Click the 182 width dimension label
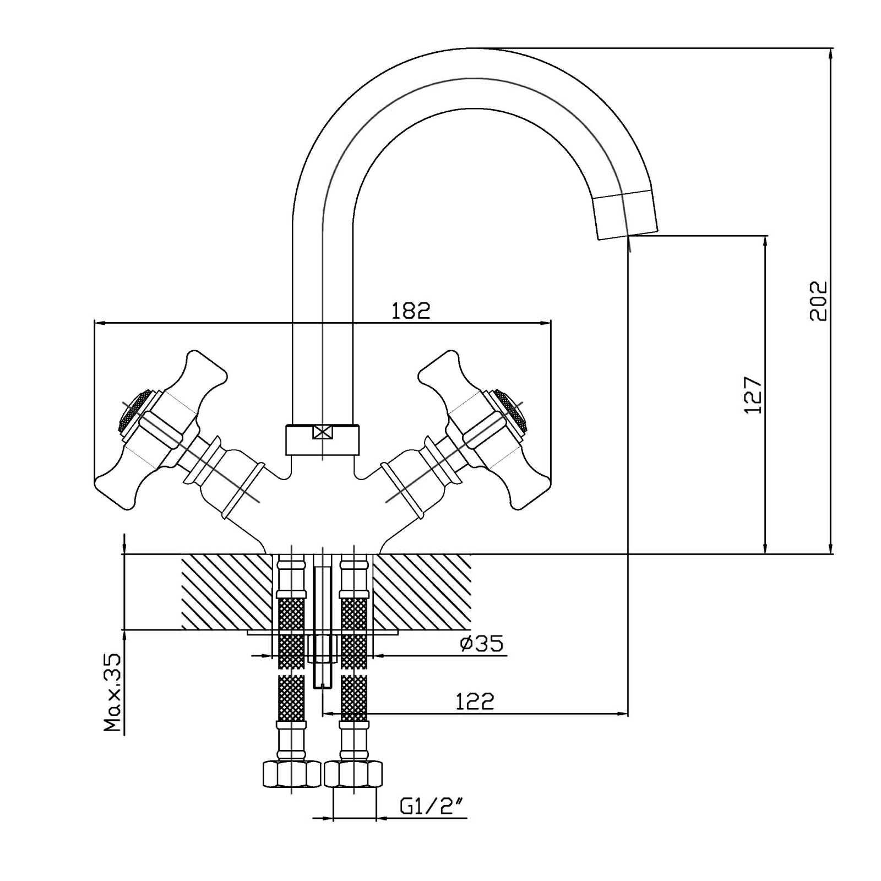tap(410, 311)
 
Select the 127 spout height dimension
tap(752, 395)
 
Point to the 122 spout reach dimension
tap(475, 701)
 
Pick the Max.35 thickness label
tap(113, 692)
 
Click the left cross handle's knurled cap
tap(131, 410)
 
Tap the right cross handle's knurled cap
tap(512, 410)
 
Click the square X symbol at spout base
tap(322, 433)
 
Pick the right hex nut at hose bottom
tap(354, 774)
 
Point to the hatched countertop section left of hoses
tap(226, 592)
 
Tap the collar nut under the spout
tap(322, 439)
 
